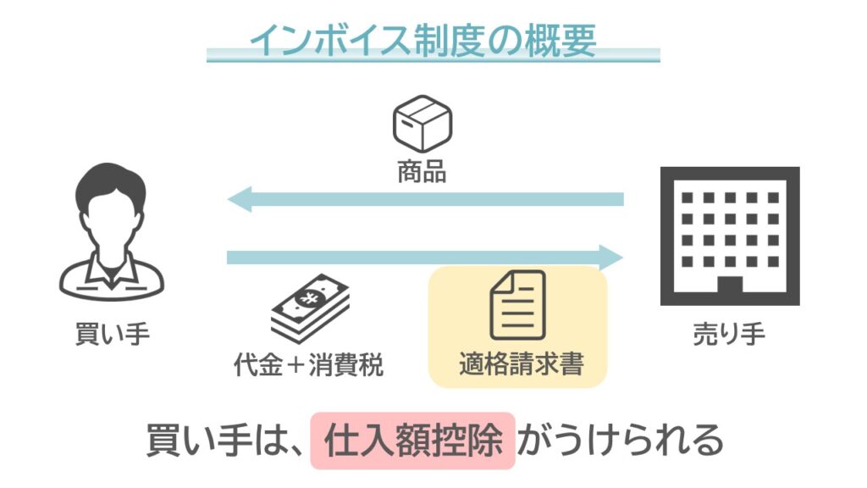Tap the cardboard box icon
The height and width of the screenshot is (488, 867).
tap(422, 124)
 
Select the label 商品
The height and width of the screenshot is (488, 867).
tap(422, 173)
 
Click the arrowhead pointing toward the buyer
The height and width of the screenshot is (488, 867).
tap(240, 200)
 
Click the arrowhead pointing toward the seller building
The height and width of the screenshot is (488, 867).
tap(610, 257)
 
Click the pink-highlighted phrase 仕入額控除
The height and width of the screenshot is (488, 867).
tap(413, 441)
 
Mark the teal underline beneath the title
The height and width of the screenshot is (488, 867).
tap(433, 56)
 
